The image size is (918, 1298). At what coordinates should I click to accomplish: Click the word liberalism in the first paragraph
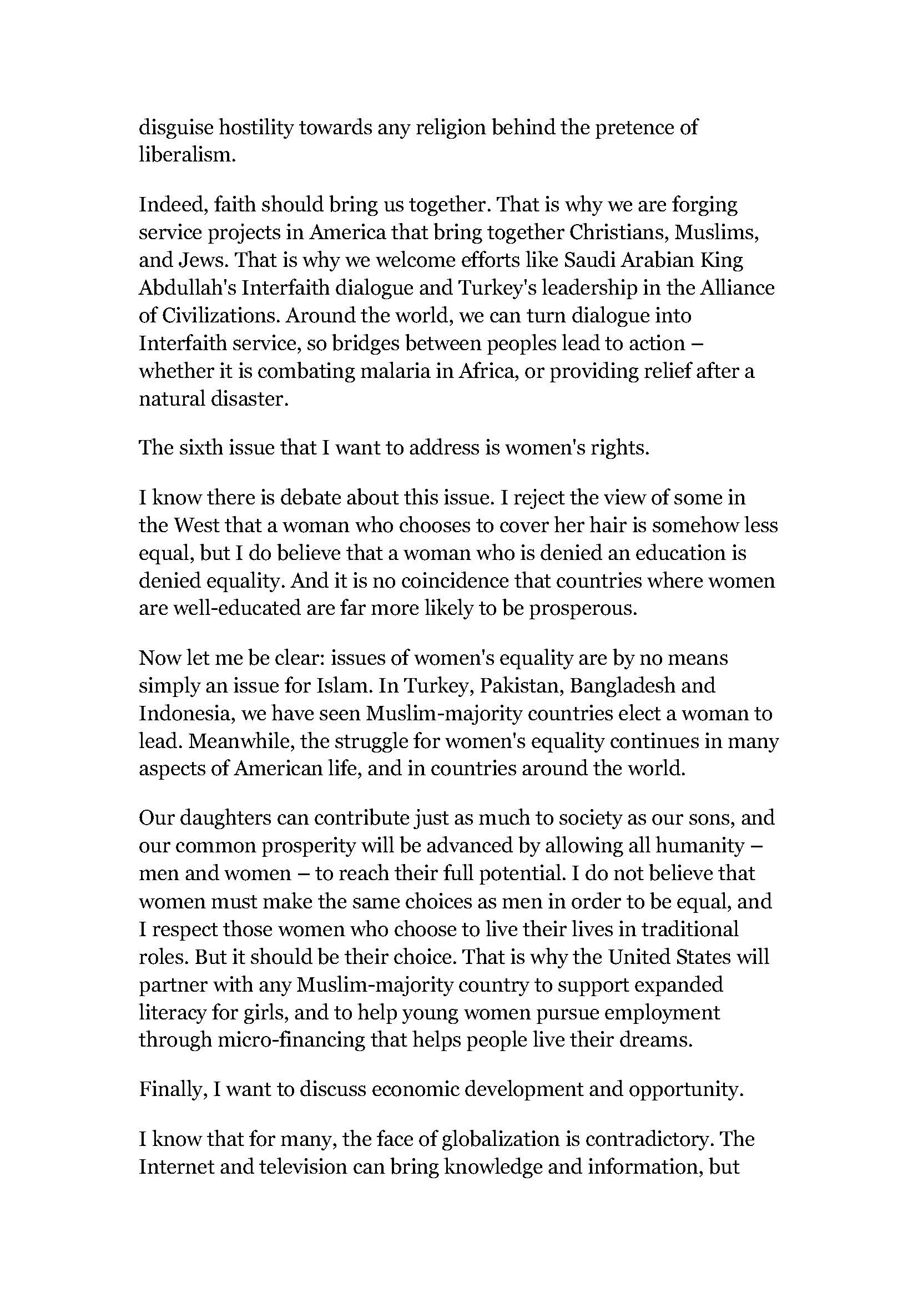tap(186, 155)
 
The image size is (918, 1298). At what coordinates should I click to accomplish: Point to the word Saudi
tap(587, 260)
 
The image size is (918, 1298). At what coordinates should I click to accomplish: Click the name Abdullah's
tap(186, 288)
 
